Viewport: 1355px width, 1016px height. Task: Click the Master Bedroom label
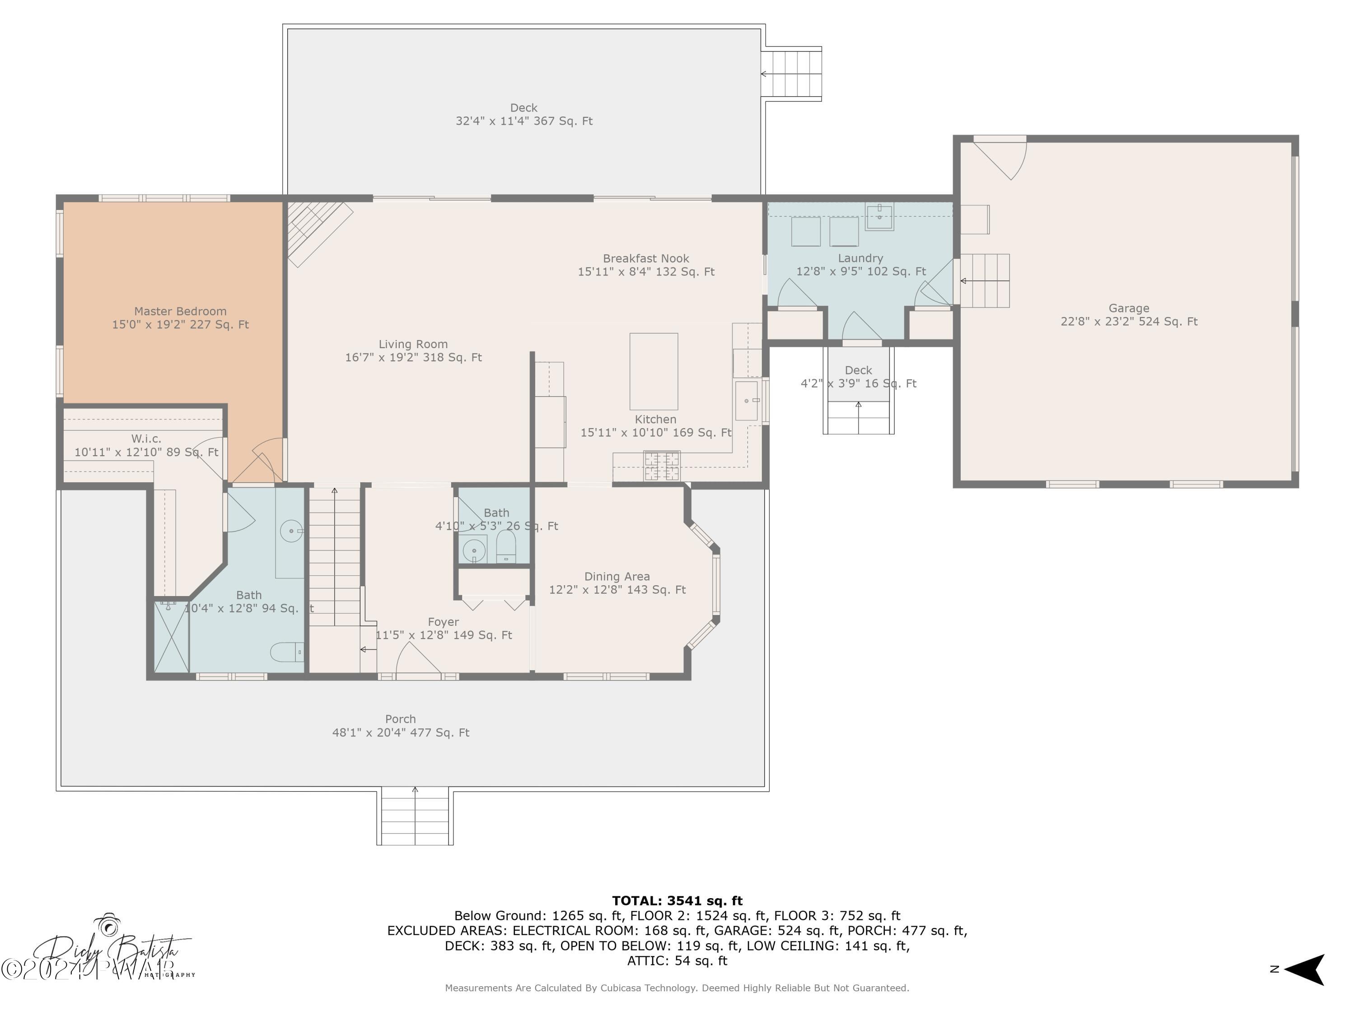pos(180,311)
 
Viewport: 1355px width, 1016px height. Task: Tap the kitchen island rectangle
pos(654,371)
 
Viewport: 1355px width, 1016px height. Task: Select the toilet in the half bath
pos(506,546)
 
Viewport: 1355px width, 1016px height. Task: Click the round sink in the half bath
pos(473,550)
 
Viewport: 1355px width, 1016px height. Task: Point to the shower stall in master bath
pos(171,637)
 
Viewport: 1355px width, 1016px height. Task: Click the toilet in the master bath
pos(287,652)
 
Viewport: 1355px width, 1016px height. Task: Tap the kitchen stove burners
pos(662,466)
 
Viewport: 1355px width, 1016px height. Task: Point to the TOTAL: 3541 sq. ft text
pos(677,900)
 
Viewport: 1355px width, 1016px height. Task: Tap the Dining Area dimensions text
pos(617,590)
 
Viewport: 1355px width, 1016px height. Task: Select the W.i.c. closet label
pos(146,438)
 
